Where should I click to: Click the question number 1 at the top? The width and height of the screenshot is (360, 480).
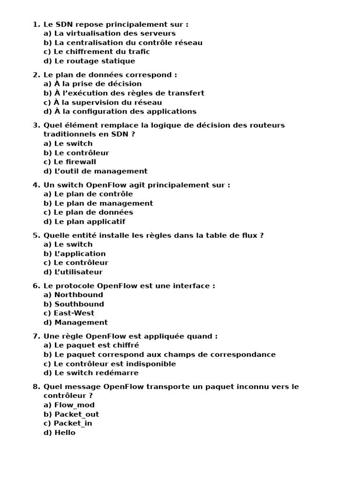coord(36,24)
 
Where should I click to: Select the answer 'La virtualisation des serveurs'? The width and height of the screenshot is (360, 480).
coord(115,33)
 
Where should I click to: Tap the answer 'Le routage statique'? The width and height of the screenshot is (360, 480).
coord(94,61)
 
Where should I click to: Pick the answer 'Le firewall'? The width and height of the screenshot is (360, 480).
coord(75,162)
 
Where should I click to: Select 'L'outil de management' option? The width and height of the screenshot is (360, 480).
coord(101,171)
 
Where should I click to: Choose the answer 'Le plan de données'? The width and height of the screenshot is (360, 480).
coord(93,212)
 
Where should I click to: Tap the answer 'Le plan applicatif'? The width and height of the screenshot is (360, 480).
coord(90,222)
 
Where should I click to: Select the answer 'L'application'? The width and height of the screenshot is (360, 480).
coord(80,254)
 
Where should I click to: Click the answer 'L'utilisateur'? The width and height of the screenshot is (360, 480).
coord(78,272)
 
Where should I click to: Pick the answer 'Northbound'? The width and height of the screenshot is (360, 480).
coord(79,295)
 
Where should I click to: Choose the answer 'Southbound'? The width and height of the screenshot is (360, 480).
coord(79,304)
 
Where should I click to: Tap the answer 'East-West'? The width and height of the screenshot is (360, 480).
coord(74,313)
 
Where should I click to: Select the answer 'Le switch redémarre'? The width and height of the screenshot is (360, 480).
coord(97,373)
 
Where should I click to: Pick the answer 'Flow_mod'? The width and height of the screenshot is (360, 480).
coord(75,405)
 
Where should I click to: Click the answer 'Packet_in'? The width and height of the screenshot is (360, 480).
coord(73,423)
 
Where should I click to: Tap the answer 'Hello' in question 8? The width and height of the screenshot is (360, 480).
coord(65,433)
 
